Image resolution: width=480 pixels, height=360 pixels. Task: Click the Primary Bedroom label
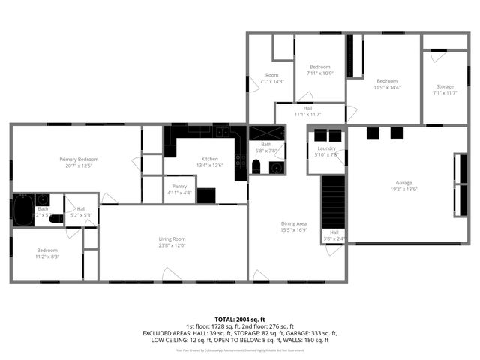point(79,159)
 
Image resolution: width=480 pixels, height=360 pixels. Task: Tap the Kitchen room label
point(209,159)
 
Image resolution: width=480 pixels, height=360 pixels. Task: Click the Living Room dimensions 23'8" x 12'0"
point(172,244)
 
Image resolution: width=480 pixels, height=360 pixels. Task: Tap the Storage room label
point(444,86)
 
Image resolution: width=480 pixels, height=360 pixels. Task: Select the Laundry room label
point(326,148)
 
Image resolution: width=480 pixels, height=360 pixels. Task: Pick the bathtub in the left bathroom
point(22,210)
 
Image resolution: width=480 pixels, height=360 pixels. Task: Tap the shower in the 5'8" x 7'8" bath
point(267,133)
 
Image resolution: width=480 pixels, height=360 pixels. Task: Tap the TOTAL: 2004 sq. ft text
point(240,319)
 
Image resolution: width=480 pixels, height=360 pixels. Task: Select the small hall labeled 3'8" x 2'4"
point(334,235)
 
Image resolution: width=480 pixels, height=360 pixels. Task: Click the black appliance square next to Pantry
point(206,195)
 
